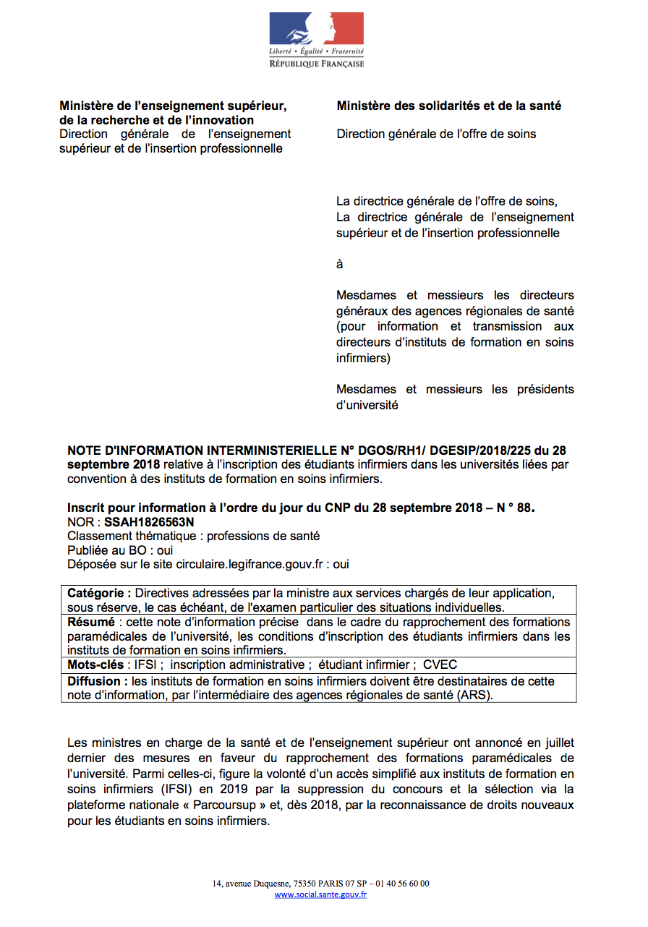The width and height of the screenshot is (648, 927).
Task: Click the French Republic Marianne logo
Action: [x=316, y=29]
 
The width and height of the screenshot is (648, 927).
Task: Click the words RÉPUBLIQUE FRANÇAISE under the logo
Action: [x=317, y=64]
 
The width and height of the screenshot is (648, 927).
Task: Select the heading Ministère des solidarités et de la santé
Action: [x=448, y=106]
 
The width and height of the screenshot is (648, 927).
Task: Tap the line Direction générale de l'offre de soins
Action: [x=436, y=134]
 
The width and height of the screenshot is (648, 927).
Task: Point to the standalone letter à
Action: [x=339, y=264]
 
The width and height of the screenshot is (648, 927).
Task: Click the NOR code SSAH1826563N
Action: [x=149, y=521]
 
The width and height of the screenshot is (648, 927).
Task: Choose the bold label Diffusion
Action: [x=98, y=681]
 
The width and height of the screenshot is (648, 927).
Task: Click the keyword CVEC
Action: [x=440, y=665]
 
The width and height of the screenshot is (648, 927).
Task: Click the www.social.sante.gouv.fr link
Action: [x=320, y=894]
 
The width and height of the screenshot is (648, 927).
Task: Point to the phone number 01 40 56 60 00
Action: [x=401, y=884]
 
